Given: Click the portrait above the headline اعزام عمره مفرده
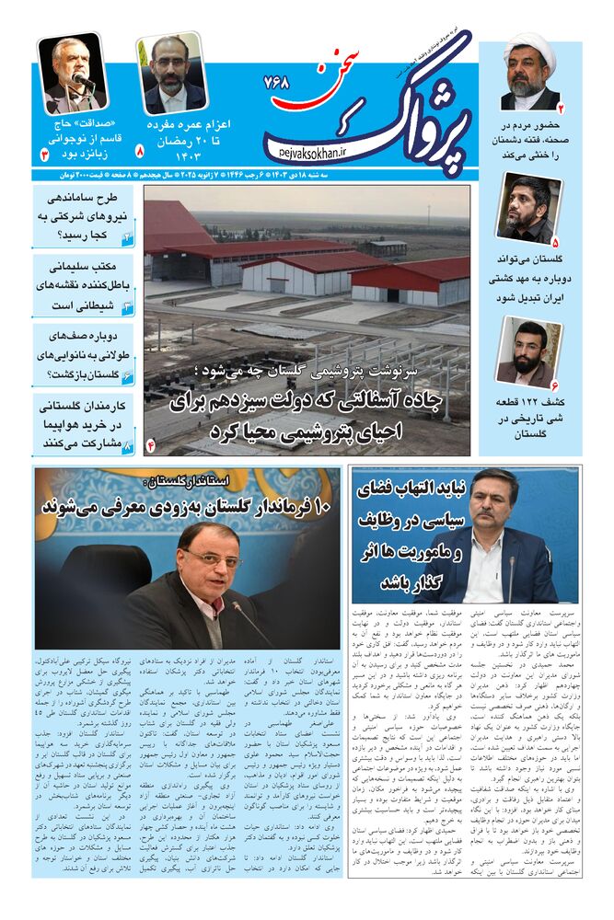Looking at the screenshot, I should [x=172, y=75].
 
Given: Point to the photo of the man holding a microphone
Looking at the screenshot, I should [x=73, y=74].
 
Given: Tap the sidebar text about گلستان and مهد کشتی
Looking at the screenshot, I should [x=528, y=282].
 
